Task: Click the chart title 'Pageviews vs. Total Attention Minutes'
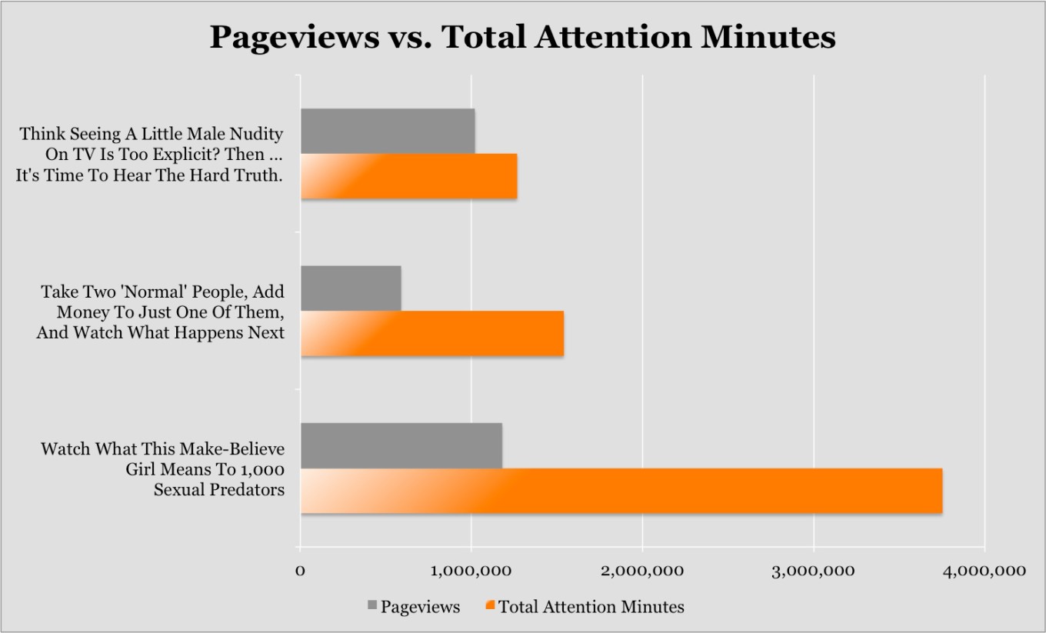point(522,37)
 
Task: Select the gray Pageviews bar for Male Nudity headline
point(387,132)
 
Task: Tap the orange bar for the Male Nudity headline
point(408,176)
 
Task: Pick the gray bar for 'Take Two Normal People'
point(351,288)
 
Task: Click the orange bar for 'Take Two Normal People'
point(431,334)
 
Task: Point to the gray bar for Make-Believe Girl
point(401,445)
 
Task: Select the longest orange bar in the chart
point(621,491)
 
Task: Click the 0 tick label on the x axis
point(300,570)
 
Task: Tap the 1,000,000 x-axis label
point(471,570)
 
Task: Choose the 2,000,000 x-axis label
point(642,570)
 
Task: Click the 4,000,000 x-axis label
point(982,570)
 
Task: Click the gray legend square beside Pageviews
point(372,606)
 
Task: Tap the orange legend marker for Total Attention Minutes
point(490,606)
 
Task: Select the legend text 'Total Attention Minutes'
point(591,607)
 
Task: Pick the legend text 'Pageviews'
point(420,607)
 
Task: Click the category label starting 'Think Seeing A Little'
point(151,154)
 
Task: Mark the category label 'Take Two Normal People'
point(161,312)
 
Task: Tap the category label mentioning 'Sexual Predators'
point(162,468)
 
